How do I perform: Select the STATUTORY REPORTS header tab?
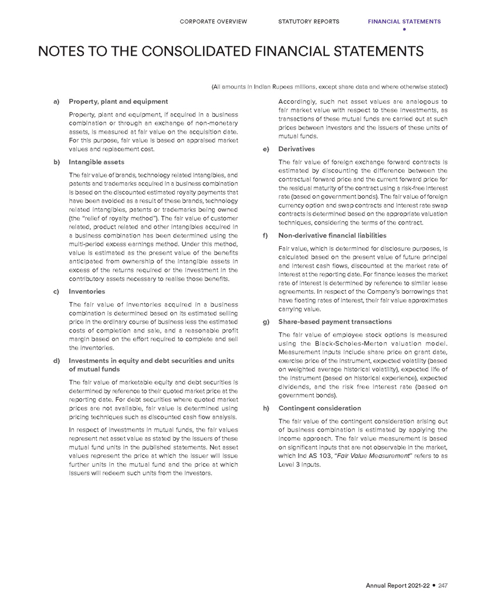click(x=309, y=22)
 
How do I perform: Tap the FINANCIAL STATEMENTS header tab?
click(x=404, y=22)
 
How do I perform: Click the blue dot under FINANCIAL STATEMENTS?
click(x=404, y=29)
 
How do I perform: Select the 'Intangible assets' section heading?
click(x=96, y=161)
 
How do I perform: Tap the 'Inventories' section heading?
click(x=87, y=291)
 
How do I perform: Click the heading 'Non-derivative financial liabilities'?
click(x=332, y=235)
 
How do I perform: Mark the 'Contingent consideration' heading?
click(x=319, y=407)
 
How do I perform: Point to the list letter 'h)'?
click(x=266, y=407)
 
